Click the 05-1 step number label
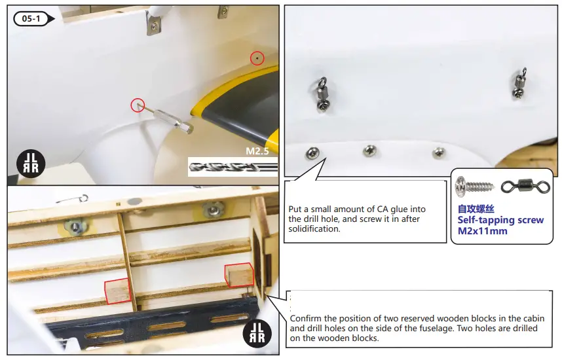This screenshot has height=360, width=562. [32, 18]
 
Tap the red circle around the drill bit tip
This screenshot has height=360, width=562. [138, 104]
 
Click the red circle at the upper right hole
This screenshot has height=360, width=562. [257, 58]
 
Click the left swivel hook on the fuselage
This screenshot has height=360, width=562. [322, 94]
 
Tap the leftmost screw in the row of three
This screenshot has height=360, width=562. [312, 154]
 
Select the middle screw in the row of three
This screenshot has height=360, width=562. [371, 151]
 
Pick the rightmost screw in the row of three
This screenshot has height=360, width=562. [438, 153]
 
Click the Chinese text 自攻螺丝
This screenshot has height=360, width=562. [476, 209]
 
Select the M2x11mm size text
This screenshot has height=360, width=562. [482, 231]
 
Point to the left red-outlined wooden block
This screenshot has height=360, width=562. [118, 291]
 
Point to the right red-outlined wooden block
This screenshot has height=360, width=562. [238, 276]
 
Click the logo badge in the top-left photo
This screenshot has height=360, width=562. [29, 163]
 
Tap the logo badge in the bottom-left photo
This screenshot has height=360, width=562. [256, 333]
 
